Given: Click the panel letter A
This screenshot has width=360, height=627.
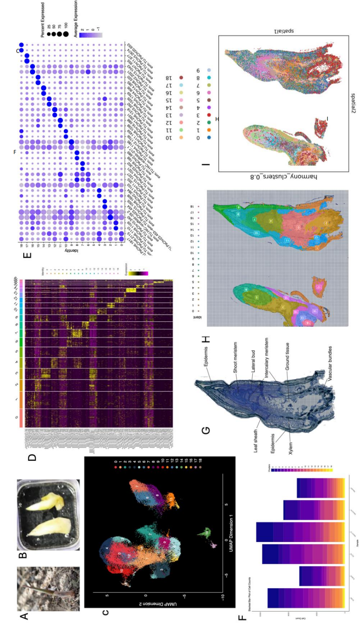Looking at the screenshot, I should click(x=24, y=616).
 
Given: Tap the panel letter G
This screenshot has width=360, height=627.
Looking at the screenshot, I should click(x=206, y=430).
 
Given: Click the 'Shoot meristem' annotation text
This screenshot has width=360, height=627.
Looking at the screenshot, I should click(x=235, y=357).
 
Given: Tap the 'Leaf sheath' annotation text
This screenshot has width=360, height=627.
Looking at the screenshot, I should click(x=255, y=441).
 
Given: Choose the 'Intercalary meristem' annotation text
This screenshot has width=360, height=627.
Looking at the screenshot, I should click(x=267, y=358).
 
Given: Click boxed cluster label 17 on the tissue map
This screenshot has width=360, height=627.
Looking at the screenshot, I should click(x=319, y=287).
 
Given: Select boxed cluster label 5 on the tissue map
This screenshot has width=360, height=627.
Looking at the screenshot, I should click(x=257, y=297).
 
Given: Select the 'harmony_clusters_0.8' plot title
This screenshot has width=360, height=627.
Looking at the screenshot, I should click(x=284, y=177).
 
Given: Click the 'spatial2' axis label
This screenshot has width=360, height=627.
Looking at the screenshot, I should click(x=353, y=103).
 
